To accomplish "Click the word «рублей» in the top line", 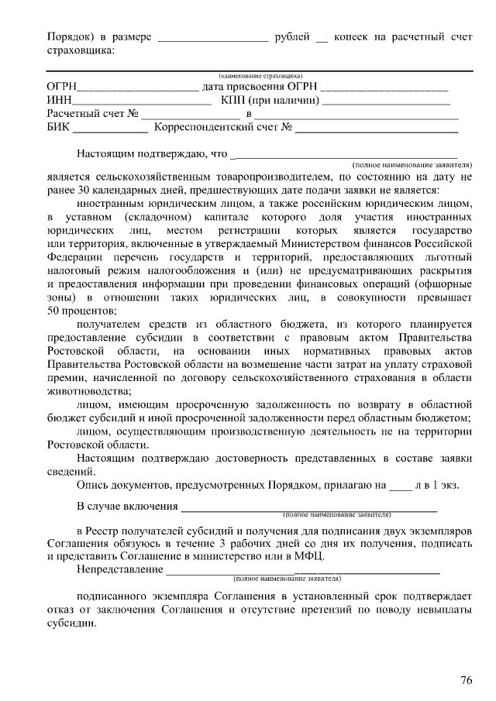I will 293,36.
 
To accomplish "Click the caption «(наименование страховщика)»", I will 260,77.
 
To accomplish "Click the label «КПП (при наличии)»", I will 270,100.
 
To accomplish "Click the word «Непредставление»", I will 120,570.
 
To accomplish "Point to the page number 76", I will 466,680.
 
